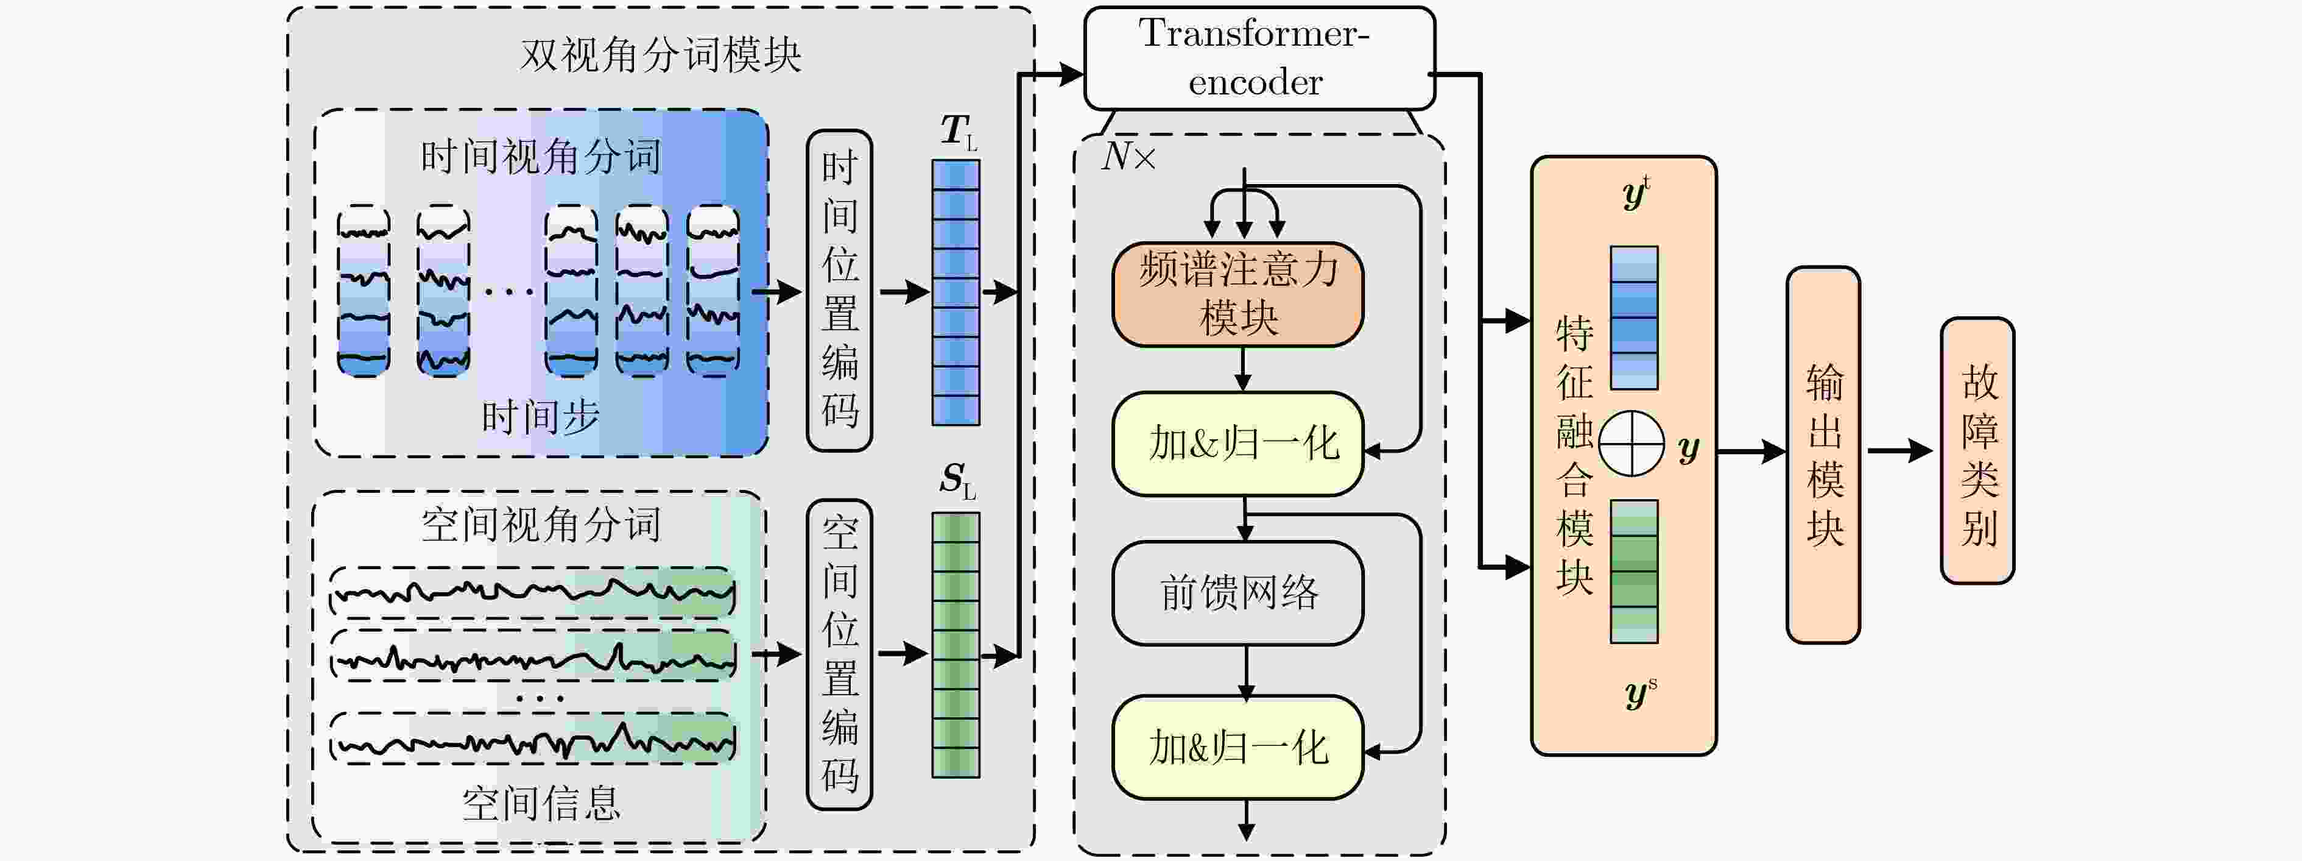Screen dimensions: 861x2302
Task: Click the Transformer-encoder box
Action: (1258, 58)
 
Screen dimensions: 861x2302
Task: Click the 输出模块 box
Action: (1823, 454)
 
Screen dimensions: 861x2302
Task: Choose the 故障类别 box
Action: (1977, 452)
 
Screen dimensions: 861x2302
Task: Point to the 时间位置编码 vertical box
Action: (839, 291)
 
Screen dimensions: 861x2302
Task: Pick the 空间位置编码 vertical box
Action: (839, 654)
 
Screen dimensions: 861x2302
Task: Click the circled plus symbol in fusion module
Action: (1631, 444)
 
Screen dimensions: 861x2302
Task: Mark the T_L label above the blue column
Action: (957, 132)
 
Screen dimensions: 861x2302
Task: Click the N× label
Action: (1128, 157)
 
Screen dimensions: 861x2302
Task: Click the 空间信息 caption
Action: (540, 803)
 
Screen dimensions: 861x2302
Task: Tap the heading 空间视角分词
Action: (540, 525)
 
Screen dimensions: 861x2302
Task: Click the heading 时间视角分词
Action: (540, 157)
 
